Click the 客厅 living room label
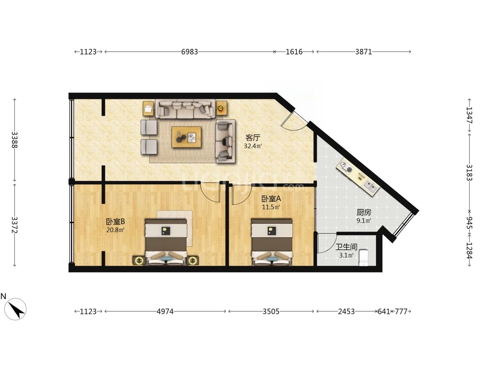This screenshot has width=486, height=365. tap(253, 138)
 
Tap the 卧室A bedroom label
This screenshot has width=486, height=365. tap(271, 199)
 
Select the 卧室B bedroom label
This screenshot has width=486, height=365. tap(115, 221)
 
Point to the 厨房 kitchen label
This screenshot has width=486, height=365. tap(364, 212)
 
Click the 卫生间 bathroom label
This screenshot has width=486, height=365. tap(346, 247)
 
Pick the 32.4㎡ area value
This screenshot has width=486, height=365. tap(253, 146)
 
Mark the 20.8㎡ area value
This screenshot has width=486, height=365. tap(115, 230)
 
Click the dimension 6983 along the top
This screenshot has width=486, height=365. tap(190, 52)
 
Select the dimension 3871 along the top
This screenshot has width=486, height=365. tap(363, 52)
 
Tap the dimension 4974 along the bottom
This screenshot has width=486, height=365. tap(165, 311)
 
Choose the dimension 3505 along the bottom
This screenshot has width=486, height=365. tap(271, 311)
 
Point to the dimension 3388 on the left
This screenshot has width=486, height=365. tap(15, 140)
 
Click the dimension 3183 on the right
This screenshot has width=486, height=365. tap(469, 173)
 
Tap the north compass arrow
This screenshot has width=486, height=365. tap(17, 310)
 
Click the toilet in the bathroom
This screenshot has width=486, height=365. tap(363, 258)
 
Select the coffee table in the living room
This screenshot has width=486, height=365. tap(186, 137)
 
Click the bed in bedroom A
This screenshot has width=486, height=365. tap(272, 242)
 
